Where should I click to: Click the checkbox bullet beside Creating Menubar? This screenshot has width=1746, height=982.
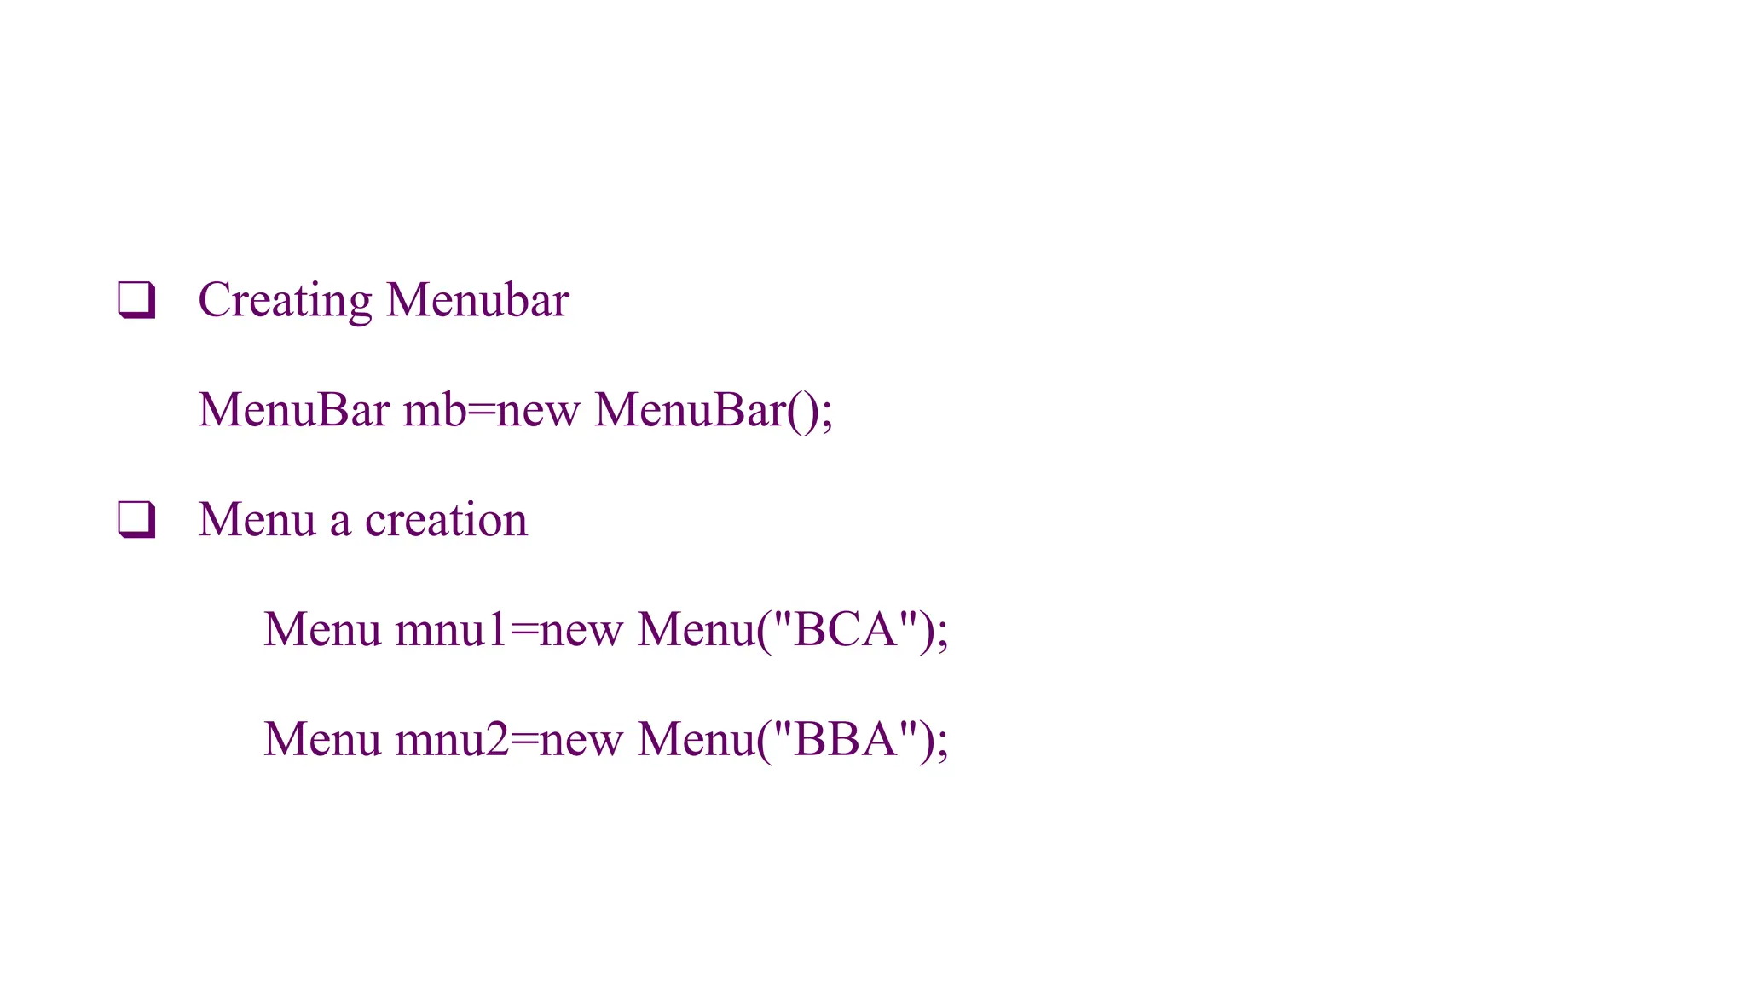coord(136,300)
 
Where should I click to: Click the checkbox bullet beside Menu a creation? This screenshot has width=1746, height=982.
coord(136,519)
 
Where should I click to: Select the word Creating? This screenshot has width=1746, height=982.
coord(285,301)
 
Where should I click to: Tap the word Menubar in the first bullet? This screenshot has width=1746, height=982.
coord(477,300)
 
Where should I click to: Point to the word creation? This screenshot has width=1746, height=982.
coord(446,520)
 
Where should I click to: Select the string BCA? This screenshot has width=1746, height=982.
coord(845,630)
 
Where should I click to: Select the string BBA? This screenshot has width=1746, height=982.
coord(845,739)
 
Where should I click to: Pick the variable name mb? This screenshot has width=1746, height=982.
coord(435,410)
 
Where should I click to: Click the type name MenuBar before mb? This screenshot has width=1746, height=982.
coord(294,410)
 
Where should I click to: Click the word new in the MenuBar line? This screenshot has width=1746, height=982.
coord(538,412)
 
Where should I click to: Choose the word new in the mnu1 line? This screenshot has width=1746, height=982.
coord(581,632)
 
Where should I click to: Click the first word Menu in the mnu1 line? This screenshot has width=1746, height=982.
coord(322,630)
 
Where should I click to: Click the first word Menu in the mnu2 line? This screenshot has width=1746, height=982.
coord(322,739)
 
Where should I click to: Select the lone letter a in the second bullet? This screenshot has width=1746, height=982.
coord(340,522)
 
